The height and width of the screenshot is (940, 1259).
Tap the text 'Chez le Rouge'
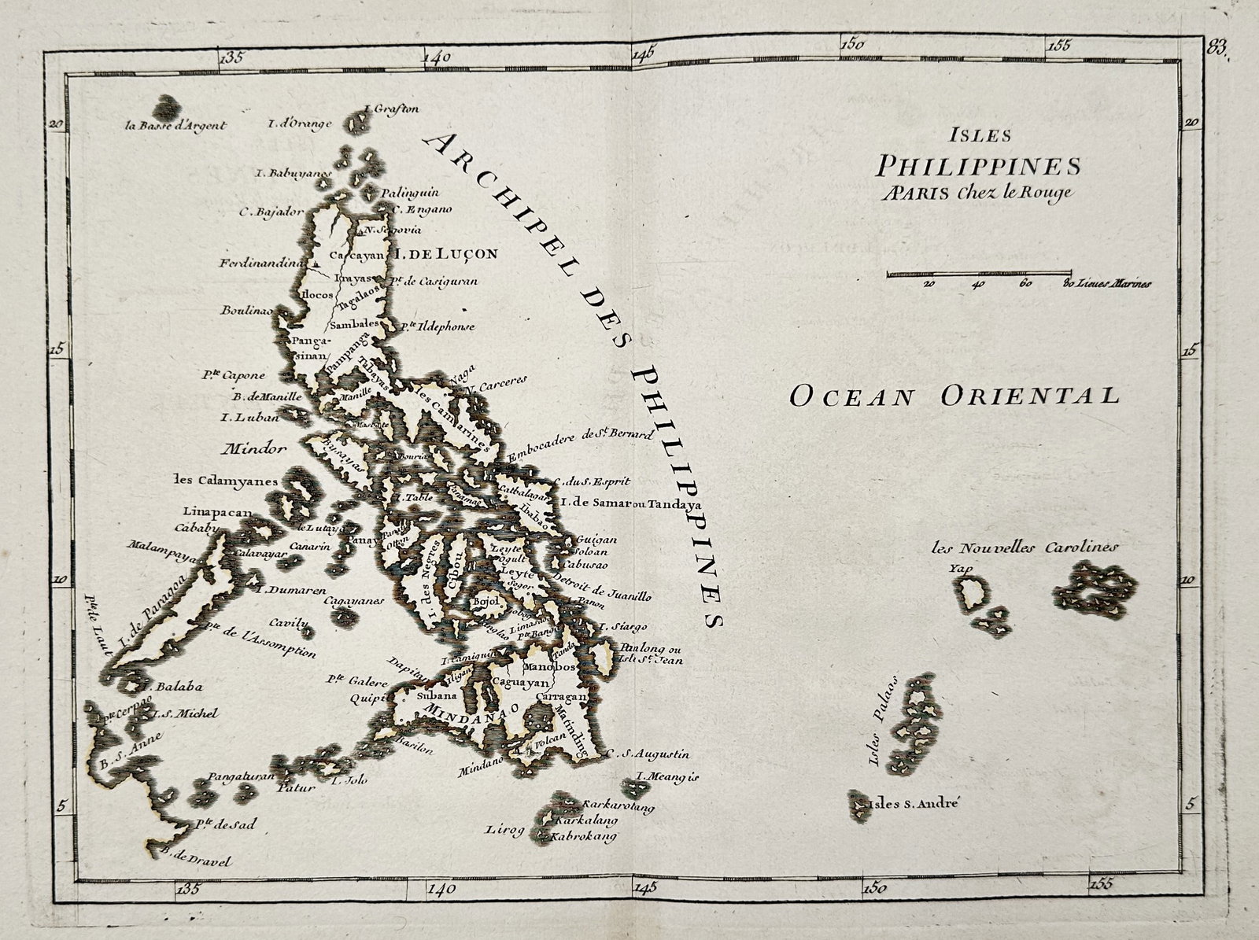(x=1021, y=193)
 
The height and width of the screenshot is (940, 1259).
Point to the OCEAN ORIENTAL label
(x=954, y=395)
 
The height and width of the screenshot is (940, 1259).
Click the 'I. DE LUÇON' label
(x=445, y=254)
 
